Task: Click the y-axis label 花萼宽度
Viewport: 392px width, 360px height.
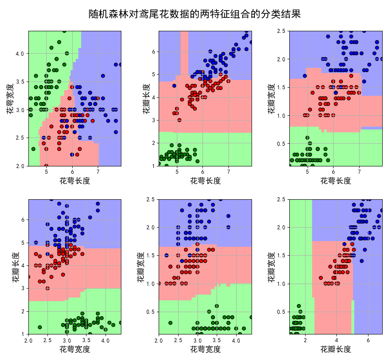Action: point(10,98)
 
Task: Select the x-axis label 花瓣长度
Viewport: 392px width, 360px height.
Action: point(336,349)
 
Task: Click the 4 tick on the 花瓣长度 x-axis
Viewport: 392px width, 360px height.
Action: point(336,339)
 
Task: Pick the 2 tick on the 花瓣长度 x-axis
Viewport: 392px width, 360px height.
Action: point(305,339)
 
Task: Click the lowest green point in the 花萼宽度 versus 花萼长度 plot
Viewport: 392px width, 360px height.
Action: point(33,149)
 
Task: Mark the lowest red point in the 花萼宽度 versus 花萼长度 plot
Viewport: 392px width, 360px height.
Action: point(46,166)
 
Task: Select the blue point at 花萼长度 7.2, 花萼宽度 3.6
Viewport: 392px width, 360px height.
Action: point(103,76)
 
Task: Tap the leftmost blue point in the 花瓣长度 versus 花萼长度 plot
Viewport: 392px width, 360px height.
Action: point(174,86)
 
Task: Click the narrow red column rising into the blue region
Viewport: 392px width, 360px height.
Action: point(184,53)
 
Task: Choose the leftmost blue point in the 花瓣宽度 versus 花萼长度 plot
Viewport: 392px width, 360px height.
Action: point(305,75)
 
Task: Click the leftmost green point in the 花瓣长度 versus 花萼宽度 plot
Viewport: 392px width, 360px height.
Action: point(40,327)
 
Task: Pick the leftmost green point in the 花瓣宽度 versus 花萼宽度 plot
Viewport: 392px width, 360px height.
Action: point(170,323)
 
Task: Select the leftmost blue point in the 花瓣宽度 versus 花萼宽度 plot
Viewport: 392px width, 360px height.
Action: point(166,255)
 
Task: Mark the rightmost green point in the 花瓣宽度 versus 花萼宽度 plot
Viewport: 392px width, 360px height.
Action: point(251,317)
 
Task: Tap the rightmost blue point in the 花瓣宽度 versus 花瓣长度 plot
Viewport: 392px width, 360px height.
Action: point(381,210)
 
